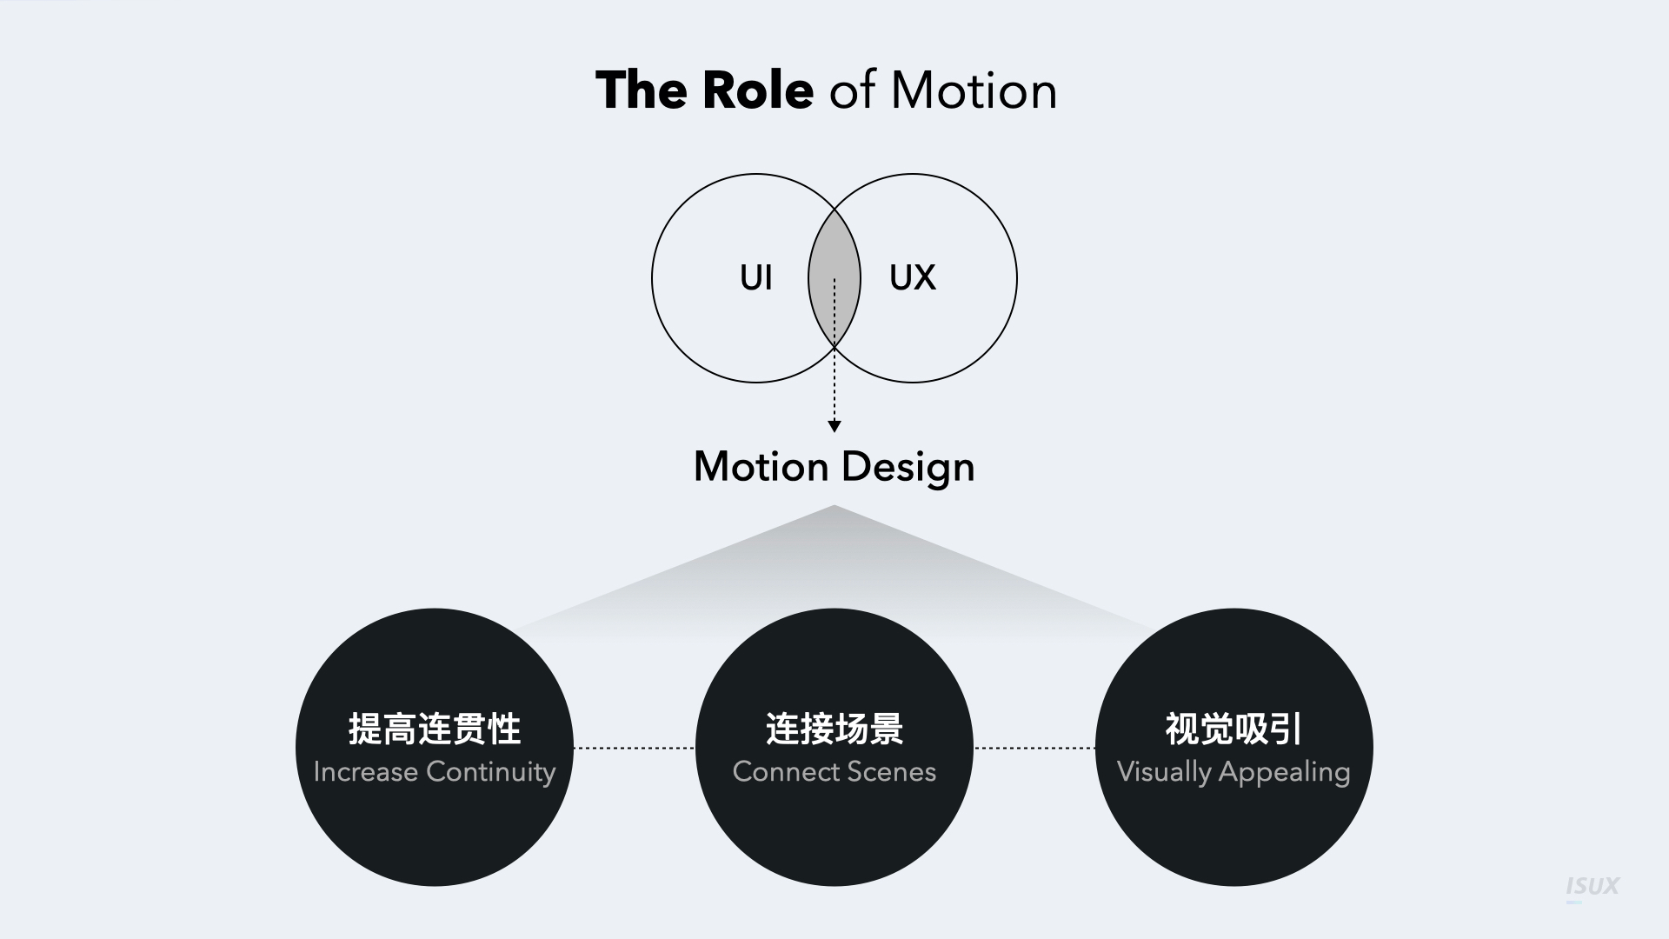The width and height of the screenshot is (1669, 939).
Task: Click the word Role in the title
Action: (x=757, y=90)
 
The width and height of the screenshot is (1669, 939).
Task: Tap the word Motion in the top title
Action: (x=974, y=90)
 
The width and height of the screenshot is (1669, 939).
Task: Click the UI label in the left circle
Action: (x=755, y=278)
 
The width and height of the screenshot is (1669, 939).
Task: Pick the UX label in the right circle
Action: (x=913, y=278)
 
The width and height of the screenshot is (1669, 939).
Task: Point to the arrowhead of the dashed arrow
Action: (x=834, y=426)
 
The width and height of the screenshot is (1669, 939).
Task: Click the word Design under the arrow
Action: (x=908, y=468)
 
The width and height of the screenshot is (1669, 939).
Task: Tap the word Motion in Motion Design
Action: (x=761, y=467)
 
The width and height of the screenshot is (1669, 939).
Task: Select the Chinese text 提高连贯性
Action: (x=435, y=729)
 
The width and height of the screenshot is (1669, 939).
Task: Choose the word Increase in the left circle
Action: (x=365, y=772)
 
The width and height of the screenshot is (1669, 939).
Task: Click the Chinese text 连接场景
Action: (x=834, y=729)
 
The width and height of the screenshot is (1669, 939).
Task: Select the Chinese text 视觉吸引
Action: (x=1233, y=729)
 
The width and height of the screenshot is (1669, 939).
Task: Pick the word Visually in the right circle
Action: (x=1164, y=773)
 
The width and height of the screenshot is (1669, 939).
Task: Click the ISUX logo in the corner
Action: (x=1593, y=887)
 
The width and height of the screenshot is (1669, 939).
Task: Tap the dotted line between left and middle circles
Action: (x=634, y=748)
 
